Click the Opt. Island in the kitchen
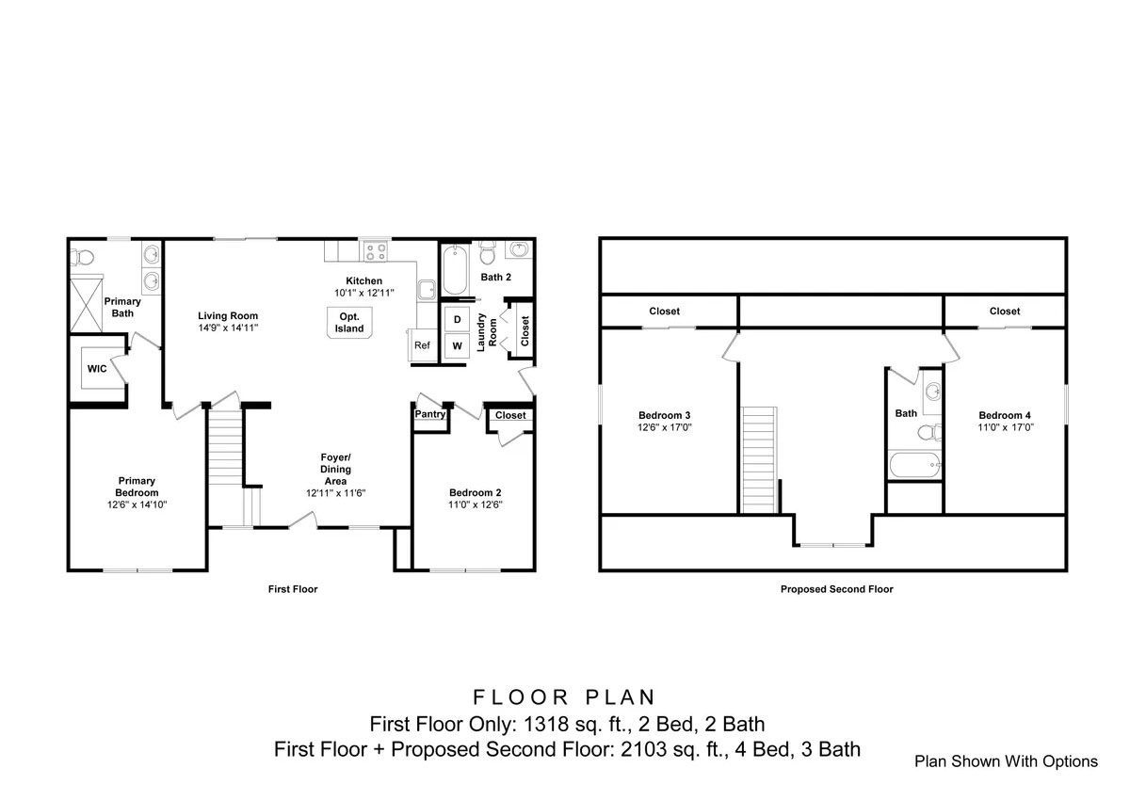click(x=348, y=322)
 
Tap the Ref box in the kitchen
click(x=422, y=345)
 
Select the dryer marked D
click(x=457, y=320)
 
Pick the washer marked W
click(x=457, y=346)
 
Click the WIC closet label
click(x=96, y=369)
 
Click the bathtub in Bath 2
click(x=453, y=270)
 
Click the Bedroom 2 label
click(x=475, y=493)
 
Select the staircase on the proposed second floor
click(x=761, y=459)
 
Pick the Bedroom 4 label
click(x=1005, y=415)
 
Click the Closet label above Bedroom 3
click(x=664, y=312)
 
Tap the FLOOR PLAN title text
click(x=565, y=697)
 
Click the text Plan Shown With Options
click(x=1006, y=761)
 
